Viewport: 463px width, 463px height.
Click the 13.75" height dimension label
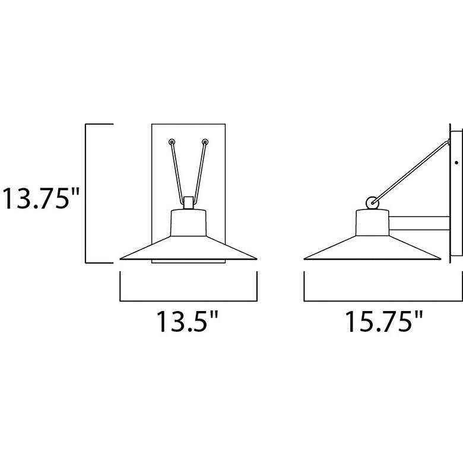coord(41,198)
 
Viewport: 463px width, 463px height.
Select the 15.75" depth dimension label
coord(384,322)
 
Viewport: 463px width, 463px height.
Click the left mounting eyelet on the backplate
coord(172,142)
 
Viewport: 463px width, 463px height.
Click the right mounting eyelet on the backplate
coord(205,142)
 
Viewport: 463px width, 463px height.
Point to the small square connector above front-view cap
coord(188,203)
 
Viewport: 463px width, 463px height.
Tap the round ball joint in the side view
coord(372,203)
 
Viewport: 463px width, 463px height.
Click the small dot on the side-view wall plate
coord(456,163)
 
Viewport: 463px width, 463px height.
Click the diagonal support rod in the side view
coord(411,172)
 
